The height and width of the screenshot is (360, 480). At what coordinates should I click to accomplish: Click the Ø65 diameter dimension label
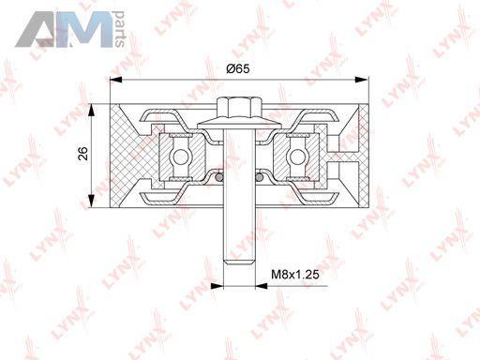238,68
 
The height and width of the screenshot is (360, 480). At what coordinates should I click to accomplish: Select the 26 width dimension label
83,153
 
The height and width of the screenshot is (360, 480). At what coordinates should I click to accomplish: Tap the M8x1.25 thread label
295,275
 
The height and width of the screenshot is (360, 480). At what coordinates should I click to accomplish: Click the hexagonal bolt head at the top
240,107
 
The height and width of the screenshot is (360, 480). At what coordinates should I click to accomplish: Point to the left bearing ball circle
181,157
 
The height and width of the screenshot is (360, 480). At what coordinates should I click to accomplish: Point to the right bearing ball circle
297,157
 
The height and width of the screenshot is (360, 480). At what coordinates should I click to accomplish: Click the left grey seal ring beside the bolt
219,177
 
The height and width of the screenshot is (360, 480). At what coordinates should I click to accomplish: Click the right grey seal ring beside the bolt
259,177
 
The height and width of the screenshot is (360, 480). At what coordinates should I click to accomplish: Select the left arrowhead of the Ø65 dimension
116,80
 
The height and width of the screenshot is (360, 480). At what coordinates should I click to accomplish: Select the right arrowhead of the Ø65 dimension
363,80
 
